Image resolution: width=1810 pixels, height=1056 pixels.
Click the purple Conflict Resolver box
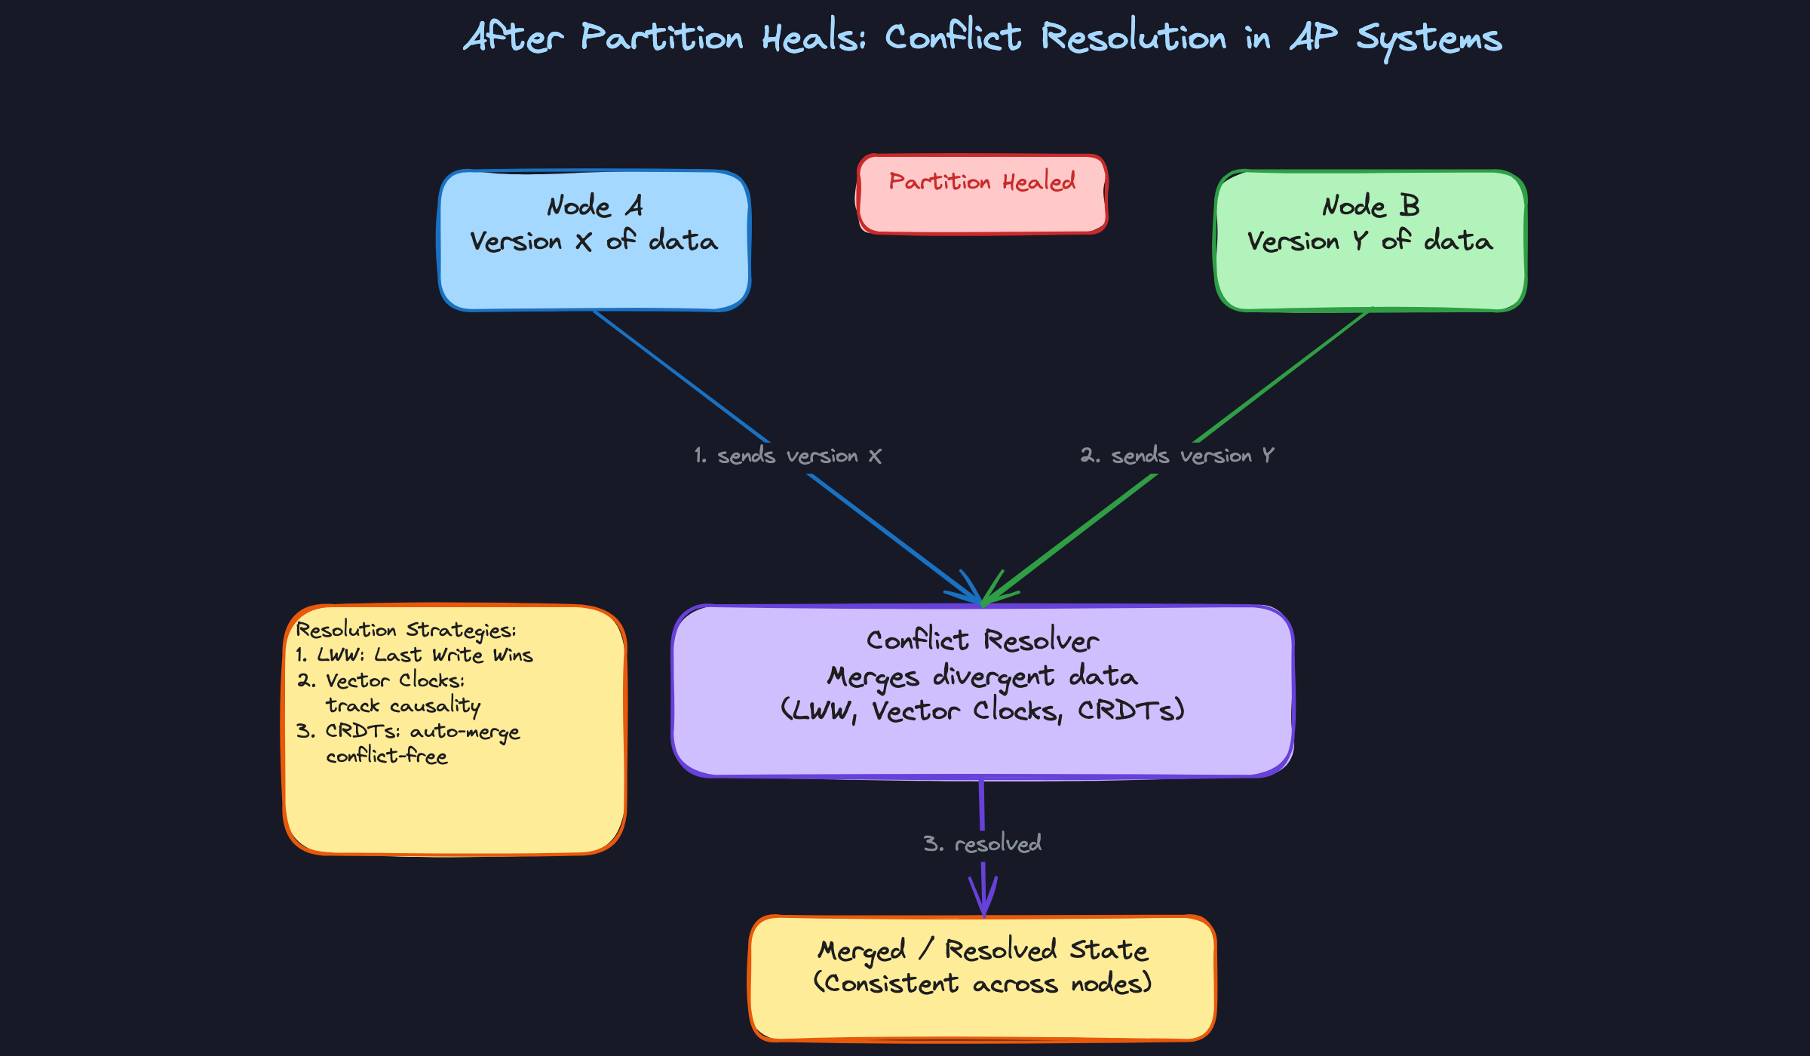click(982, 747)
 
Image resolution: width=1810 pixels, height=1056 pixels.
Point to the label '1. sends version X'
click(787, 456)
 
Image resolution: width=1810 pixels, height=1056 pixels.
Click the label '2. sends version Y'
click(1176, 456)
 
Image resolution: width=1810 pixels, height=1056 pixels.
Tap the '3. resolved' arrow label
click(982, 843)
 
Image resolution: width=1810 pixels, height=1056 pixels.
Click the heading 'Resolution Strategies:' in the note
click(406, 630)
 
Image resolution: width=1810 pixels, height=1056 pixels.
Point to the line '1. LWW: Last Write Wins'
click(414, 655)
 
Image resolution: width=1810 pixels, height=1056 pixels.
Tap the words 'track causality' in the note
click(403, 705)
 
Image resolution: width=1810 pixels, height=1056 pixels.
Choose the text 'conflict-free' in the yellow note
click(386, 756)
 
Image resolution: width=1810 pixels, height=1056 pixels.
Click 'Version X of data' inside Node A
click(594, 241)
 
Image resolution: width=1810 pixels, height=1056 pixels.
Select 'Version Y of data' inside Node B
click(1370, 241)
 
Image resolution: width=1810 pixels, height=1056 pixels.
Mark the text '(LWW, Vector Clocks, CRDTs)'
click(982, 711)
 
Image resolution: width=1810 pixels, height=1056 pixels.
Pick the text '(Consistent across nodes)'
click(982, 984)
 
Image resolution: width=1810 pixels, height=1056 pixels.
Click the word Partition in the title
click(661, 38)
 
